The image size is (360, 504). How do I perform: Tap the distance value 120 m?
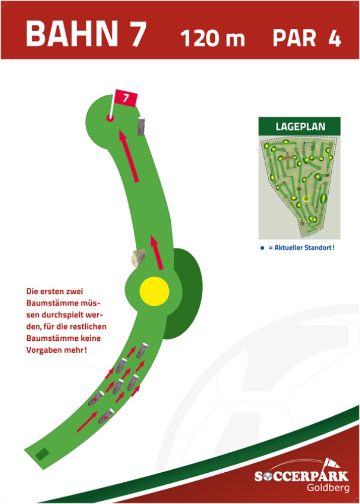[212, 38]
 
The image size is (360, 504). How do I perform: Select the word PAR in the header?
[295, 38]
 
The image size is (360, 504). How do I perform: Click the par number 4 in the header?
[334, 38]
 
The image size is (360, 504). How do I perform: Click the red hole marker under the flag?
[110, 118]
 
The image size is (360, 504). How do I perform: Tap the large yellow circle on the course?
[154, 291]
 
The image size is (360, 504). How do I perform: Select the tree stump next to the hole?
[142, 125]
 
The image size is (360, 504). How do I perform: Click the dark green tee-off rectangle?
[42, 454]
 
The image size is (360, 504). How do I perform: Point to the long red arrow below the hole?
[129, 156]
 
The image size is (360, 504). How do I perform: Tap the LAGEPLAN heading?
[300, 127]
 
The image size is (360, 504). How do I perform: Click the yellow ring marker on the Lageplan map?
[306, 198]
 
